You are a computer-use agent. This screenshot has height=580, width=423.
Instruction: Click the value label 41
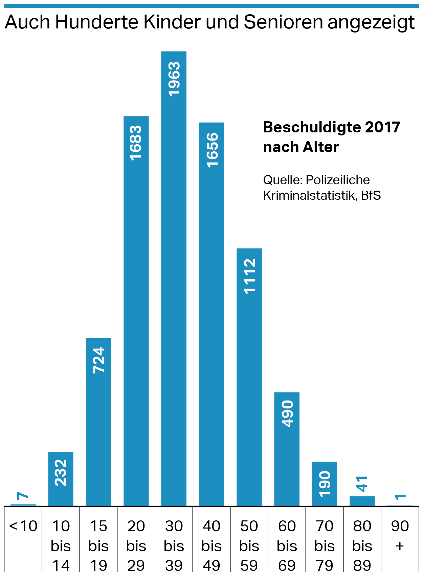[x=362, y=484]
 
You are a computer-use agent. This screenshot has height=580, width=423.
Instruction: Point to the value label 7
[x=23, y=496]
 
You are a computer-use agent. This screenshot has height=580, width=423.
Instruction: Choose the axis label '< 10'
[x=23, y=526]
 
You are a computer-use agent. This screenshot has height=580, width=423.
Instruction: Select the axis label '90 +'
[x=400, y=536]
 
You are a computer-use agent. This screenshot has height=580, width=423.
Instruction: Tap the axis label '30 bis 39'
[x=174, y=545]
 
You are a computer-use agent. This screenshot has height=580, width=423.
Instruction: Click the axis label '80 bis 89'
[x=362, y=545]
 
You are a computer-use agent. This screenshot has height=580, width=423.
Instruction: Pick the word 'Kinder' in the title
[x=172, y=22]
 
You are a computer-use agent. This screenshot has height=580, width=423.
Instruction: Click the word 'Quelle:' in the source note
[x=283, y=180]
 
